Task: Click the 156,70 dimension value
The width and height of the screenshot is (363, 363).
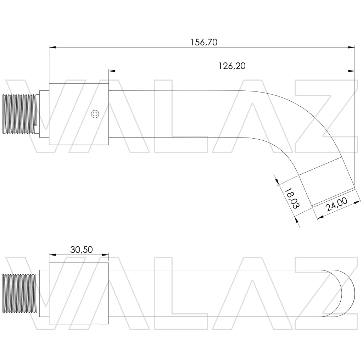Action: (204, 43)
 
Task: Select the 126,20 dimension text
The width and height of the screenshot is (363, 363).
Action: (232, 66)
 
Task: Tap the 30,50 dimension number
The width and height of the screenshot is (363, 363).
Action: (82, 250)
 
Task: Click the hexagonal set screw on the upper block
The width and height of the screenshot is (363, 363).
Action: (95, 114)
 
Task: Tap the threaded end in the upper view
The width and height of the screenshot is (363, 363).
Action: (20, 114)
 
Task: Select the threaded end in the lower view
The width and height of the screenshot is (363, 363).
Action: (20, 293)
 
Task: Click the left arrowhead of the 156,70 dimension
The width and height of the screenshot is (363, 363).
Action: (52, 48)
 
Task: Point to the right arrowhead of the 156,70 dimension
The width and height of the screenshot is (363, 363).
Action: (351, 48)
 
